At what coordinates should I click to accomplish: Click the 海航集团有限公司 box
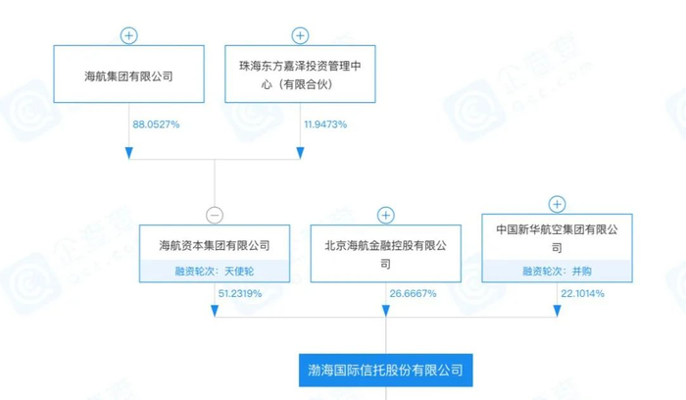coord(129,74)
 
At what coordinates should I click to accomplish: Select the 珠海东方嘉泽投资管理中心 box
coord(300,74)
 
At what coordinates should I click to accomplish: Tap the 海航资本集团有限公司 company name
coord(215,246)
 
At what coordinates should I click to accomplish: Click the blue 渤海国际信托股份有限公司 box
coord(385,373)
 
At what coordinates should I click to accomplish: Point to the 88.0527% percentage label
coord(155,125)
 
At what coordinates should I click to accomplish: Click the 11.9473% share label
coord(325,125)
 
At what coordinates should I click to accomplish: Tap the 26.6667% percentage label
coord(411,293)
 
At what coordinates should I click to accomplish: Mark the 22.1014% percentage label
coord(581,293)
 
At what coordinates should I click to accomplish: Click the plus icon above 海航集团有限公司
coord(129,36)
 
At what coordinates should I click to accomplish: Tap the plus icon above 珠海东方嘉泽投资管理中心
coord(300,36)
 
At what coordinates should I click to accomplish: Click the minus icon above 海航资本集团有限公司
coord(215,215)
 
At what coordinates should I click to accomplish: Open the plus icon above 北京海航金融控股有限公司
coord(386,215)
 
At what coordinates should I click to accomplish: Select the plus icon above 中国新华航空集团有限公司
coord(557,204)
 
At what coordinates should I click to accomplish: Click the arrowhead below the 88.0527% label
coord(129,153)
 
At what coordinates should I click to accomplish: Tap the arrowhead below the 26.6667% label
coord(386,311)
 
